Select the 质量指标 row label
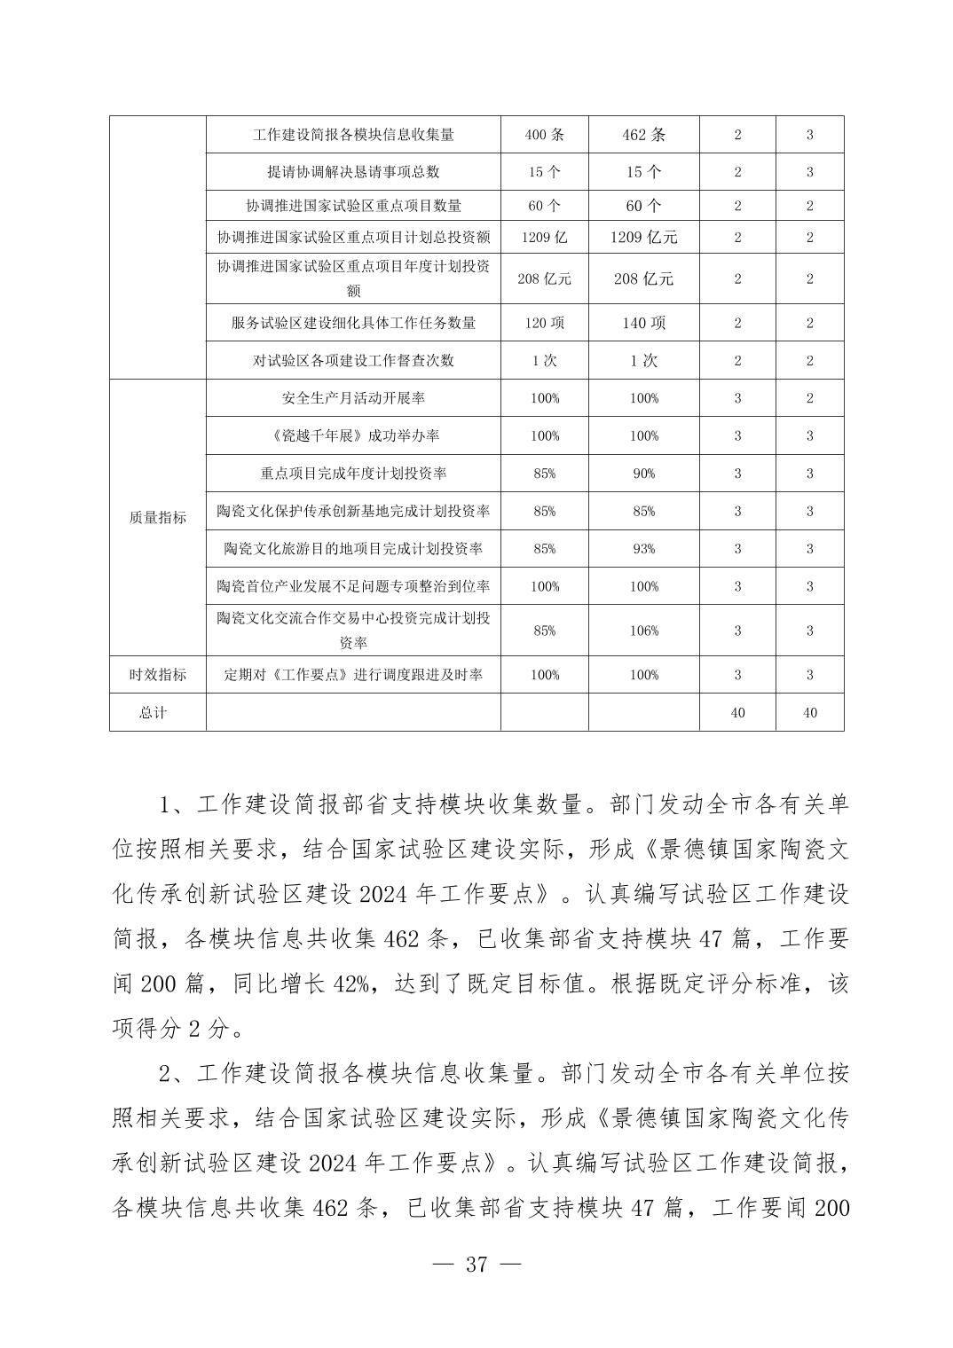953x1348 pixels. (158, 517)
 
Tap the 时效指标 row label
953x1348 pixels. (158, 675)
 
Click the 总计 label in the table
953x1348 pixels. (153, 713)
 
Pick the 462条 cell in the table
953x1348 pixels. (643, 135)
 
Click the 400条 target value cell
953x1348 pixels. (544, 135)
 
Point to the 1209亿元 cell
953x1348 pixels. (643, 238)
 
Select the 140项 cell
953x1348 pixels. (643, 323)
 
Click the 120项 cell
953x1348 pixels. (544, 323)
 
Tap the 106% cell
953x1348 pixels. (644, 631)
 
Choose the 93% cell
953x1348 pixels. (644, 549)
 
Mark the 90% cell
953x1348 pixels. (644, 474)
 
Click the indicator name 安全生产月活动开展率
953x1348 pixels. (353, 398)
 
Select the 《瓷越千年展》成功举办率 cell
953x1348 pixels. (353, 435)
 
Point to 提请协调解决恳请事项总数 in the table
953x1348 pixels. (353, 172)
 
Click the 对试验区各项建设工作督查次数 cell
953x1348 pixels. (353, 360)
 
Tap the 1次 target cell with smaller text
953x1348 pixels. (544, 360)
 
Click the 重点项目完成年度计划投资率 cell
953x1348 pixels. (353, 474)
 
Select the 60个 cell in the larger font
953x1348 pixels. (643, 206)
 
